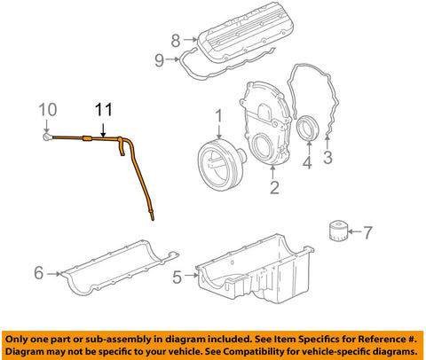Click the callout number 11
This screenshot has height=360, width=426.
pyautogui.click(x=104, y=110)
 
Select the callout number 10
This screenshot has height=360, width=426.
pyautogui.click(x=48, y=110)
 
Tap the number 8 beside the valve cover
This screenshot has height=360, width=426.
pyautogui.click(x=176, y=41)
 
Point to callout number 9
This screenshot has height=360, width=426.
pyautogui.click(x=159, y=60)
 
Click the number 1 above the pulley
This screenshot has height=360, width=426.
pyautogui.click(x=218, y=116)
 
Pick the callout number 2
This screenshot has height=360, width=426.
pyautogui.click(x=274, y=187)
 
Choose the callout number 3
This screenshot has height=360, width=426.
pyautogui.click(x=327, y=157)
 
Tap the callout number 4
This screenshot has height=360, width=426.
pyautogui.click(x=307, y=162)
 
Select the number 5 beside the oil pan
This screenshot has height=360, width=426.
pyautogui.click(x=177, y=278)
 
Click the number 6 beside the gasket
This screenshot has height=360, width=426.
pyautogui.click(x=39, y=272)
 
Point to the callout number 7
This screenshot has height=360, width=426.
pyautogui.click(x=367, y=232)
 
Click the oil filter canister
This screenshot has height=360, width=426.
pyautogui.click(x=338, y=231)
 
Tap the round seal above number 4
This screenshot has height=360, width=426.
pyautogui.click(x=308, y=128)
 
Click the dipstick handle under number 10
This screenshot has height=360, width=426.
pyautogui.click(x=47, y=137)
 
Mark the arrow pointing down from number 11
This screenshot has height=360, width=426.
pyautogui.click(x=103, y=130)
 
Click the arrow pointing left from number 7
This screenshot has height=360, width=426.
pyautogui.click(x=354, y=231)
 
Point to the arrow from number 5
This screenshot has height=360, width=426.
pyautogui.click(x=191, y=276)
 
